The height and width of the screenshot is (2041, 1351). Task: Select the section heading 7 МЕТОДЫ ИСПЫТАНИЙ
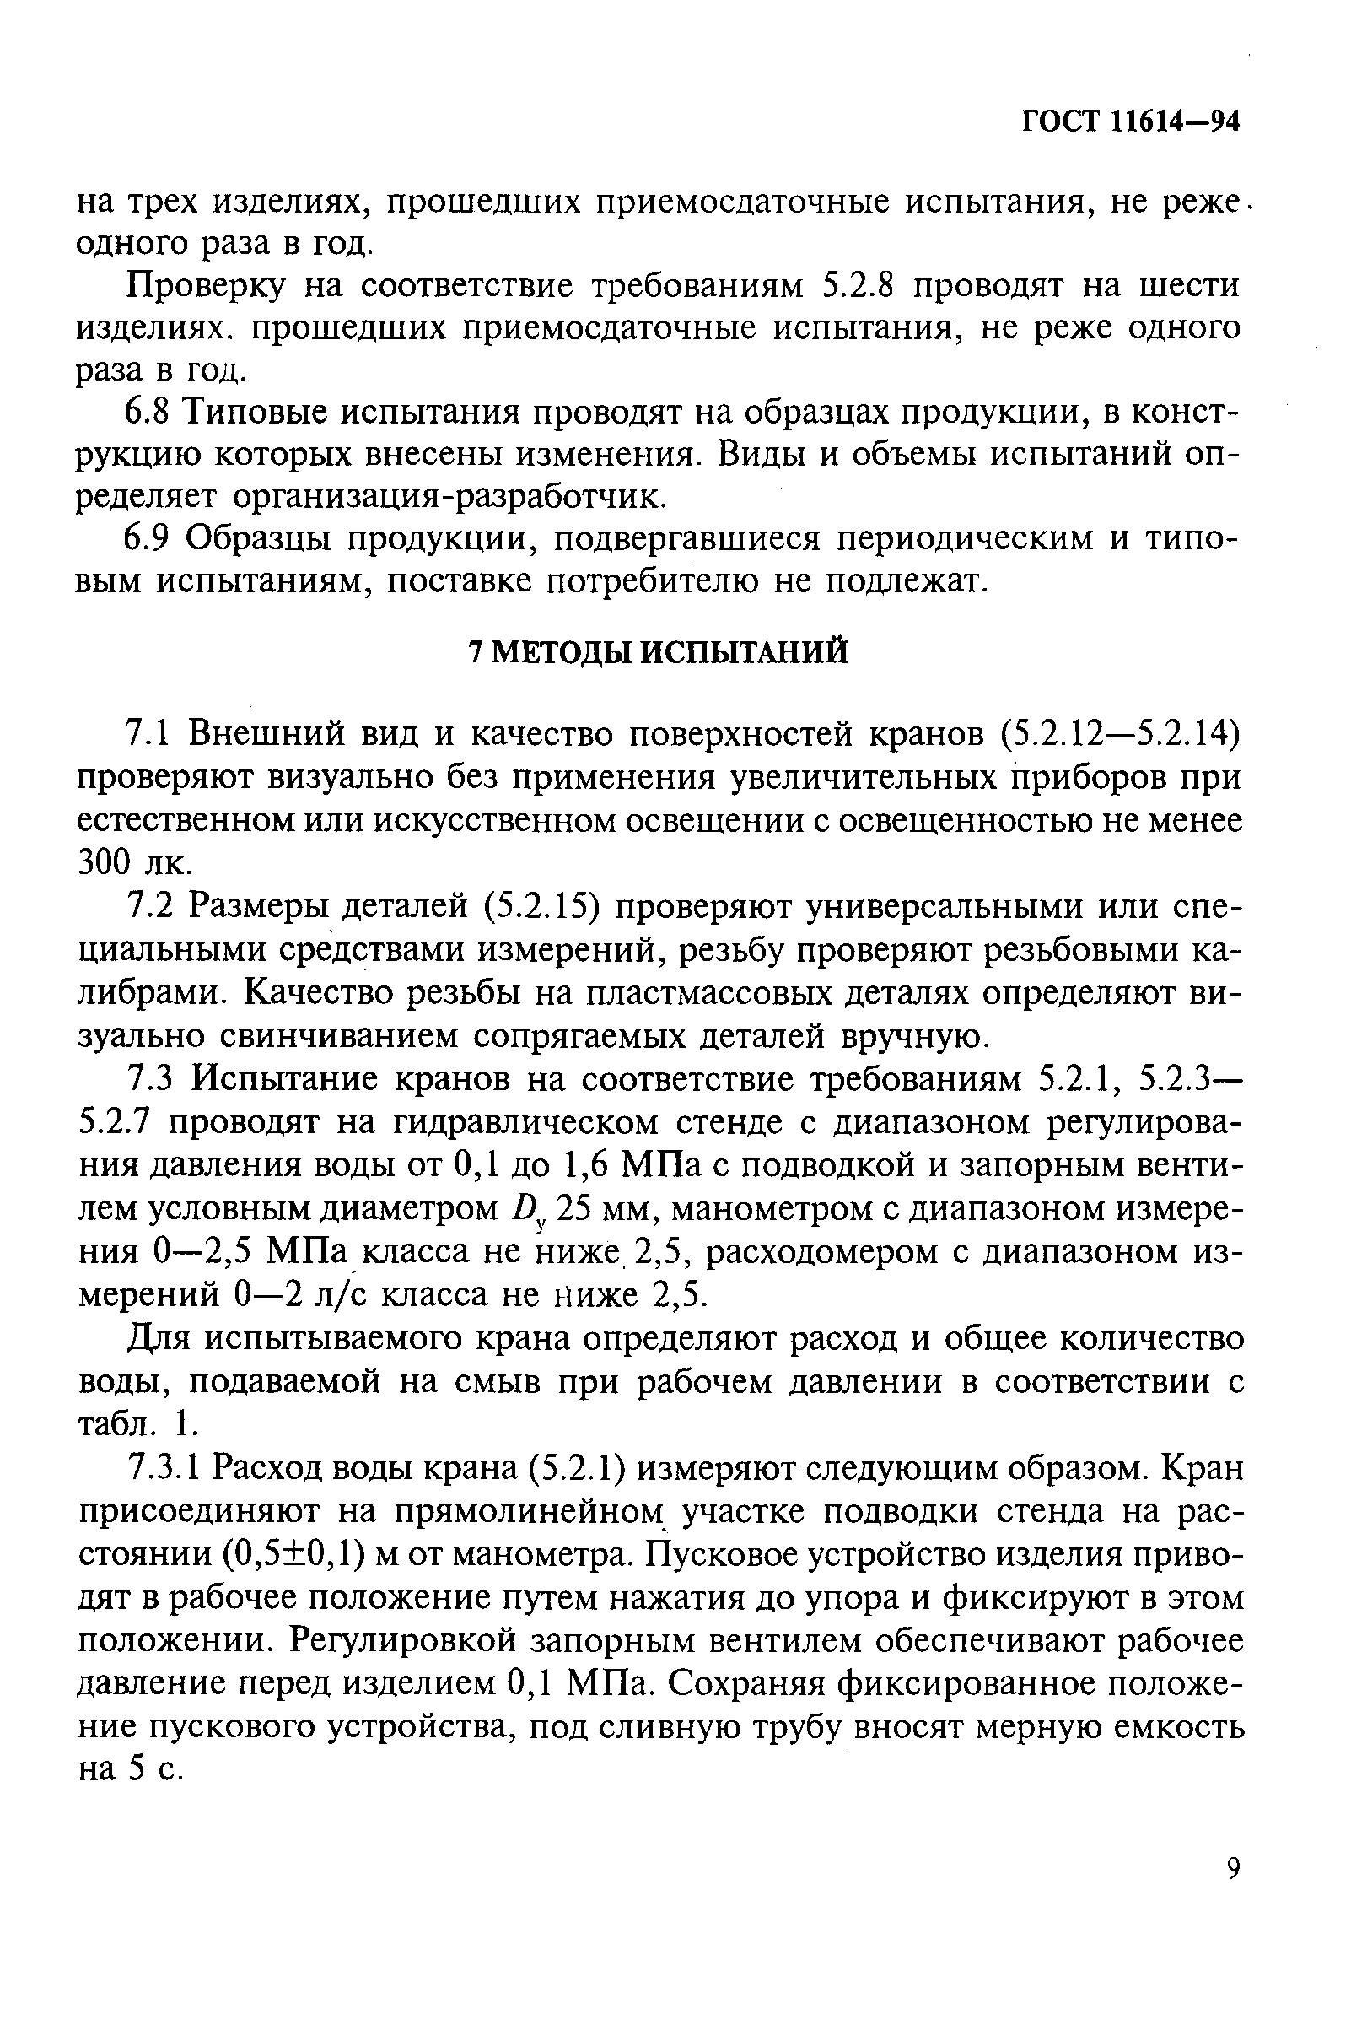tap(658, 652)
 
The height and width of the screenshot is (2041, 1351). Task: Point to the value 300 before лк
tap(106, 862)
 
